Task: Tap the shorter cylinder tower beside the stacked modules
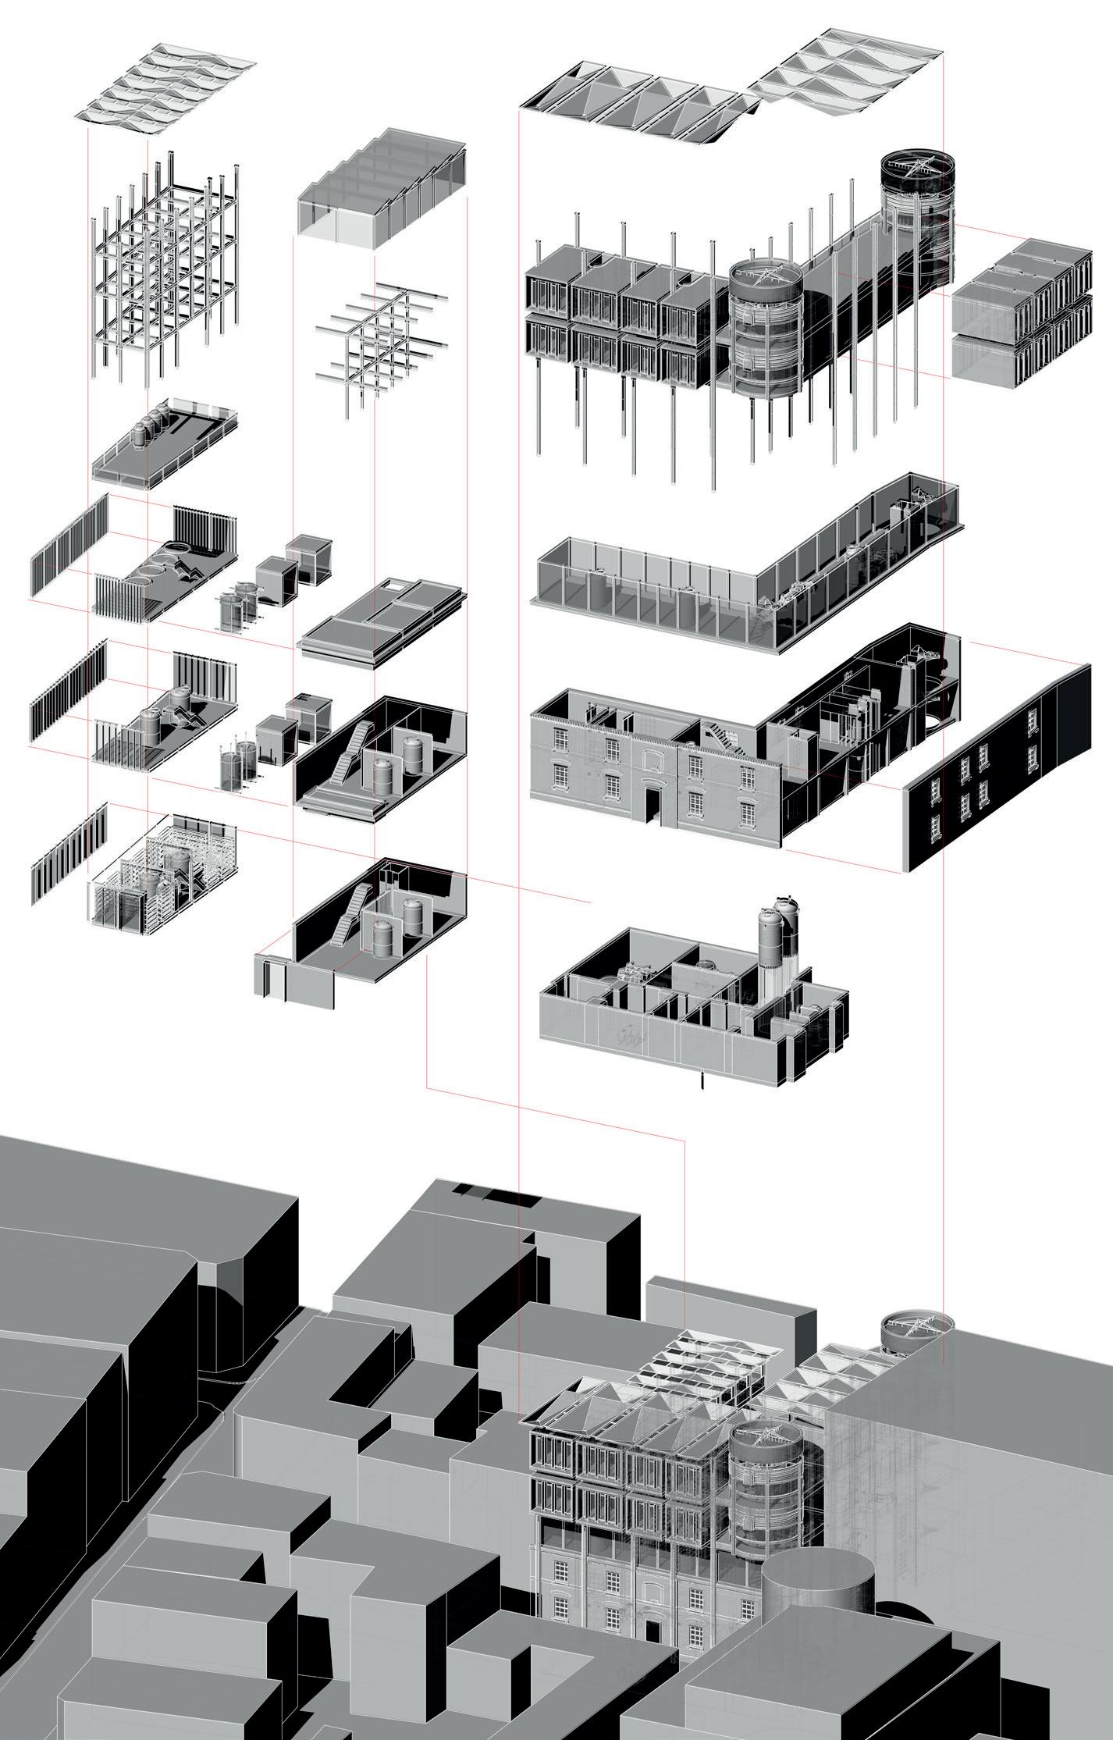point(765,328)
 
